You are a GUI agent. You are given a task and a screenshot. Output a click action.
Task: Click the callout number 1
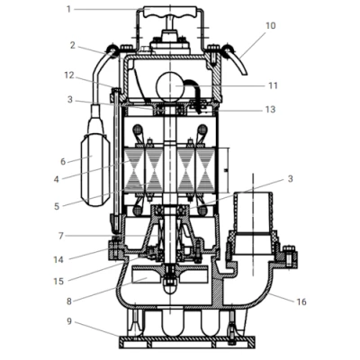click(x=68, y=9)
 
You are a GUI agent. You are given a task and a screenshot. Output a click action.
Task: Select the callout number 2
click(x=73, y=45)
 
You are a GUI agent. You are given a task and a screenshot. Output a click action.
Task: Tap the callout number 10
click(x=271, y=26)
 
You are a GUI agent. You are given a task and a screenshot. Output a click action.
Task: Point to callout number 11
click(x=273, y=85)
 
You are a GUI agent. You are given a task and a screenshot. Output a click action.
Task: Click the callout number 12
click(x=69, y=76)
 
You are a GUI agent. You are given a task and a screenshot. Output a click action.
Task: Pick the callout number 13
click(x=271, y=109)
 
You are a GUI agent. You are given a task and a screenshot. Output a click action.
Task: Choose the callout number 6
click(x=63, y=162)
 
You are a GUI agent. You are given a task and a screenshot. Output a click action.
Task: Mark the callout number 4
click(x=57, y=179)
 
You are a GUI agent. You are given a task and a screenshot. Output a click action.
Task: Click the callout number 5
click(x=57, y=206)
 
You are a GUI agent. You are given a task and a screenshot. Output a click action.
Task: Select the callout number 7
click(x=61, y=236)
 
